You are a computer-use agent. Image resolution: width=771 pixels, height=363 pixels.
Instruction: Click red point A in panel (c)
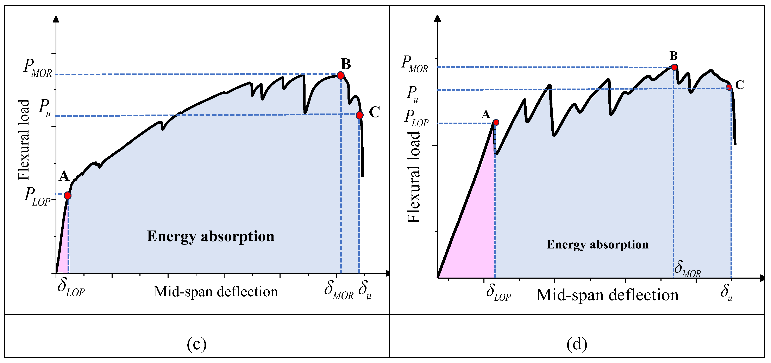click(68, 196)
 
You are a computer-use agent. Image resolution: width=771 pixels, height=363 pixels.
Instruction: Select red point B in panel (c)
click(340, 75)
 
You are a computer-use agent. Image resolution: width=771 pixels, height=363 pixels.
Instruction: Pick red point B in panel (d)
click(674, 67)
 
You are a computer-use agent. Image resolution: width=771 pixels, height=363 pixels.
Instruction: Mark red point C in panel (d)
click(729, 87)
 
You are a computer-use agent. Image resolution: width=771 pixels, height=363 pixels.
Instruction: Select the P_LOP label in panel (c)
click(37, 196)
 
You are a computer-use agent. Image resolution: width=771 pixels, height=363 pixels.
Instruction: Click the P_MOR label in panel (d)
click(415, 64)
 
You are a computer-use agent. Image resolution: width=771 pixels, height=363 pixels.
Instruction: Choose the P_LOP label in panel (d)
click(416, 118)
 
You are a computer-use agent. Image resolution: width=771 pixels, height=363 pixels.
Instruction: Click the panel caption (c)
click(197, 344)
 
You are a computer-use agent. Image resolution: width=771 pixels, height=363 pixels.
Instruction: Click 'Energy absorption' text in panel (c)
click(211, 236)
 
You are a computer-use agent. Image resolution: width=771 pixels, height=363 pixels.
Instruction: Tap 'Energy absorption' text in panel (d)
click(597, 245)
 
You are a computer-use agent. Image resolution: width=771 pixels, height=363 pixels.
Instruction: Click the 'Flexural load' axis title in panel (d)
click(414, 177)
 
